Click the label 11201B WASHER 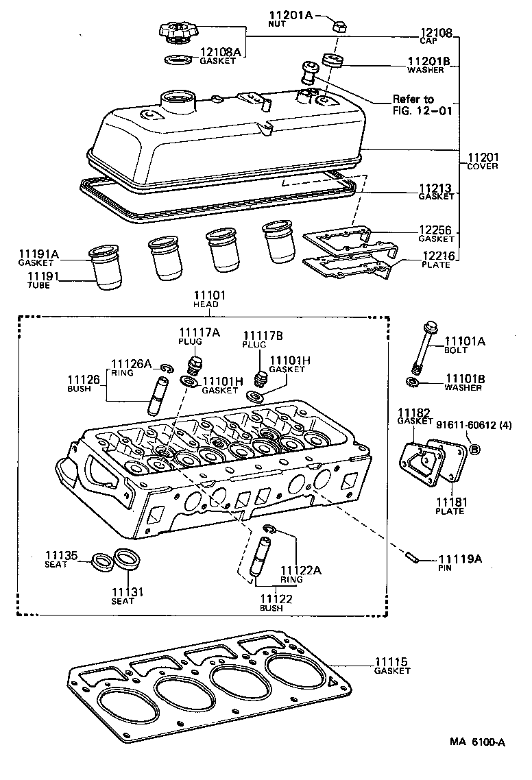[428, 64]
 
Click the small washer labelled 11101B [413, 381]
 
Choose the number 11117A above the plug [199, 332]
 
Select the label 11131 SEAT [123, 596]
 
